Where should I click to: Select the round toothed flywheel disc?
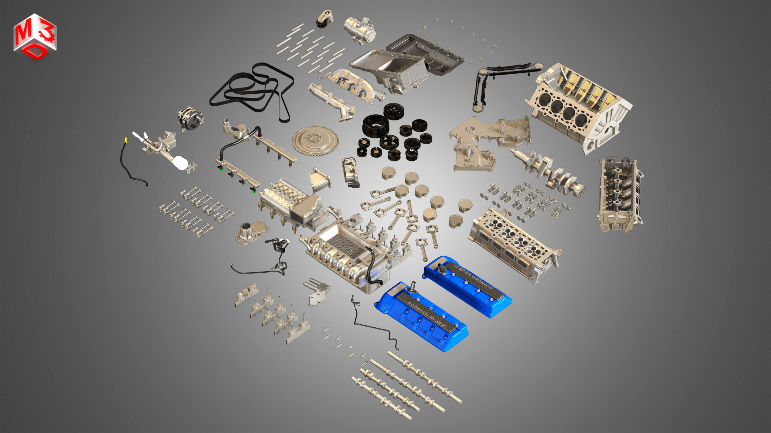coord(315,141)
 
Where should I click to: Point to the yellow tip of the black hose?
coord(126,140)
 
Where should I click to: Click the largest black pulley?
coord(375,126)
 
